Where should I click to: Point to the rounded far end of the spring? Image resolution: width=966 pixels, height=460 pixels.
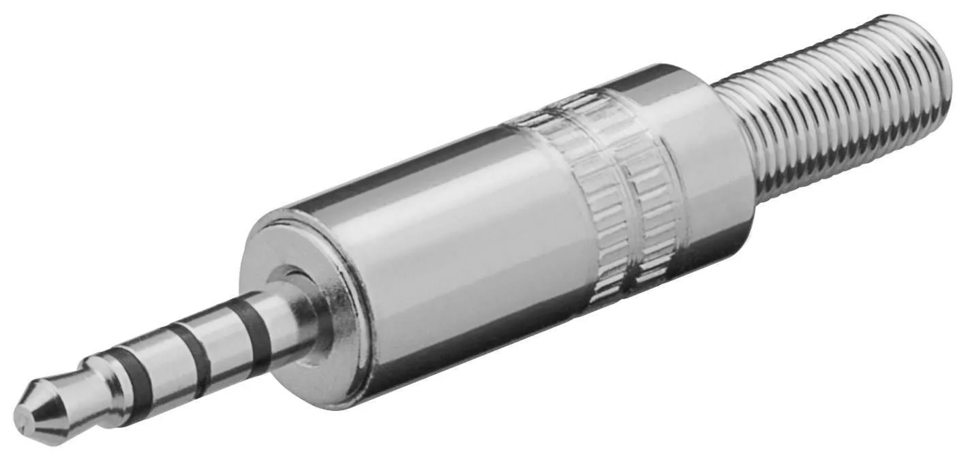(x=937, y=61)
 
